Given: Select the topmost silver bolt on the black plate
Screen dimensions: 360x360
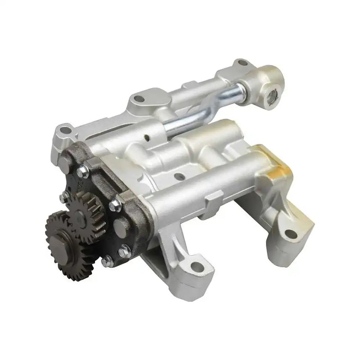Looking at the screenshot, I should click(82, 171).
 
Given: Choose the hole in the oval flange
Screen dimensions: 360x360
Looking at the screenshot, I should click(140, 97).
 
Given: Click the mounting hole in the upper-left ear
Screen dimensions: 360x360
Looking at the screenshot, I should click(66, 131).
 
